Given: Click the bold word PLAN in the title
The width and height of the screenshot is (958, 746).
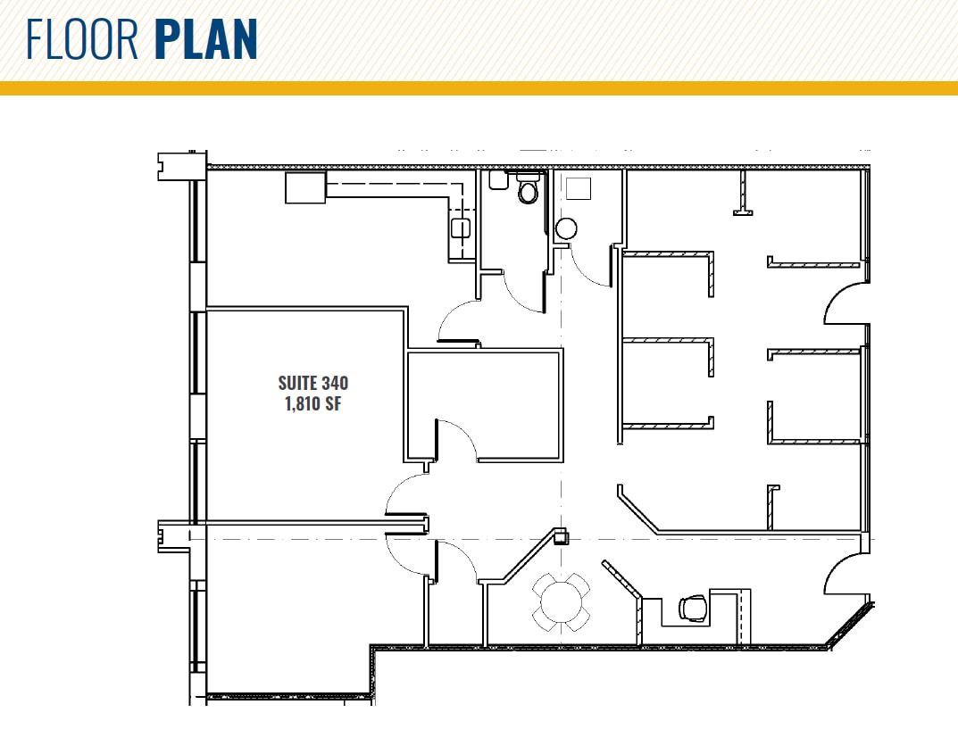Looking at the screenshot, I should [206, 40].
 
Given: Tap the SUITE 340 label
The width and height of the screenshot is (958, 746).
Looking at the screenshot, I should [312, 383].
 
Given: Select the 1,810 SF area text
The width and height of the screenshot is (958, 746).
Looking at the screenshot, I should [312, 403].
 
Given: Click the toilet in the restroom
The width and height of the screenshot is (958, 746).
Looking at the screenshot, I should [528, 190].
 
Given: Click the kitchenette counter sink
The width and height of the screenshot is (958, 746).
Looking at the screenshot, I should [460, 228].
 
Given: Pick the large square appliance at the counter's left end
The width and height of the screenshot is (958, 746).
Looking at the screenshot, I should [305, 188].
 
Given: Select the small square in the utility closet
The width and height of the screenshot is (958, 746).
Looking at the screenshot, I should [579, 188].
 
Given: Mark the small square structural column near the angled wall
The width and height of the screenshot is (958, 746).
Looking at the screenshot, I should [561, 536].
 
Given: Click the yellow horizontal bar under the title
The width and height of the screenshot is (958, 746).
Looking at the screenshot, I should [479, 87].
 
